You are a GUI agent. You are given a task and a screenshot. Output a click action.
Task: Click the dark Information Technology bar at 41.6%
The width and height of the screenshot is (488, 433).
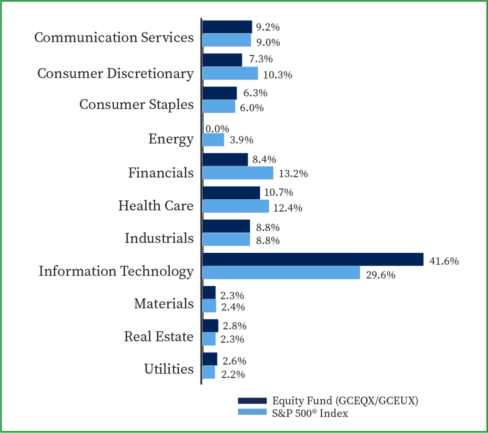313,259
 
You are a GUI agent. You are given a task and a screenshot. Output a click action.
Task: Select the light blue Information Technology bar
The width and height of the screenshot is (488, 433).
281,273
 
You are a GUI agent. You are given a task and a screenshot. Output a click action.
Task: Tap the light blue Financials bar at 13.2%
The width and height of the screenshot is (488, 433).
238,173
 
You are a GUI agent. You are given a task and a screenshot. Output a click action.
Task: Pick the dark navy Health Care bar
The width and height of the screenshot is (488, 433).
231,193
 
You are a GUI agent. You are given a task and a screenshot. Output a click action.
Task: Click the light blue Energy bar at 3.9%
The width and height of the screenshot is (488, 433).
213,140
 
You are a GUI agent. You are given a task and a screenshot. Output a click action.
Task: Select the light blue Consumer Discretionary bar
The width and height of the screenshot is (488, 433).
230,73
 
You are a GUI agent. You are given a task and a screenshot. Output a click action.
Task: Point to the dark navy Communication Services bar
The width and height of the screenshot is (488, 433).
227,27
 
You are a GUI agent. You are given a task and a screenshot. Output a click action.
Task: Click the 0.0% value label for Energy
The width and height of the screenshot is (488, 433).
217,129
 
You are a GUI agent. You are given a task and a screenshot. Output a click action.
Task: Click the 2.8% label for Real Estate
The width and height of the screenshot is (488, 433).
234,326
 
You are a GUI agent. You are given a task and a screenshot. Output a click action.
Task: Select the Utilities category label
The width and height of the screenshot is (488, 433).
169,369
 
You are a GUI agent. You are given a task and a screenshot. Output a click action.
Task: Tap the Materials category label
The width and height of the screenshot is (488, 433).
164,303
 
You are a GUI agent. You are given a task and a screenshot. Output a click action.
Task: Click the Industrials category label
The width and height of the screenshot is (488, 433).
159,238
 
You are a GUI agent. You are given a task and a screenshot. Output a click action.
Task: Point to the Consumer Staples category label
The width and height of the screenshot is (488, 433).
136,104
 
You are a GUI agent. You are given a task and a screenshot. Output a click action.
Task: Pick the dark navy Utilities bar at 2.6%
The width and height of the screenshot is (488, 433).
210,359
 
